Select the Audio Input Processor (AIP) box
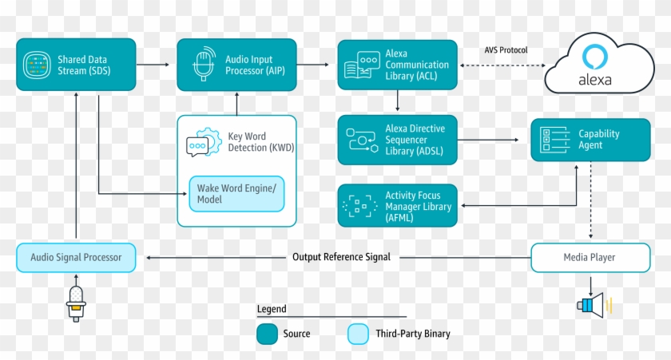point(236,65)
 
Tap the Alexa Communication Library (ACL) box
point(397,65)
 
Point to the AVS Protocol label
point(506,50)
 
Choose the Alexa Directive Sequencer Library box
point(397,140)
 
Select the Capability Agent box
point(590,140)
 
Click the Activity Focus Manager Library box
point(397,207)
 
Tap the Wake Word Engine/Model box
point(236,192)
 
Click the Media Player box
point(590,257)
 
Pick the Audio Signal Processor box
point(76,257)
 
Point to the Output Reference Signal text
point(341,257)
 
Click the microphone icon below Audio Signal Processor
point(76,303)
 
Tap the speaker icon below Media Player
point(594,305)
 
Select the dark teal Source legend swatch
point(267,334)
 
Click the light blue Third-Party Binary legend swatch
point(358,334)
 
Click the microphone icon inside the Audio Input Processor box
point(204,65)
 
